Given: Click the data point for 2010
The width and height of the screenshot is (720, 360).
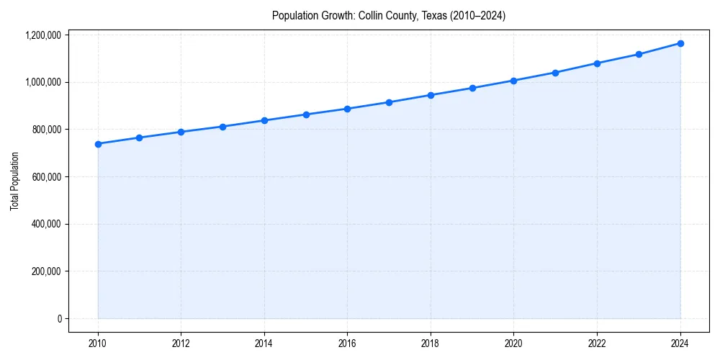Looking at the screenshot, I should click(98, 144).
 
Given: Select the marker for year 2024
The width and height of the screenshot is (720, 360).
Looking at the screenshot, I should click(680, 43).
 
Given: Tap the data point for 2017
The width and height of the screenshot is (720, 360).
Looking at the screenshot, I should click(389, 102).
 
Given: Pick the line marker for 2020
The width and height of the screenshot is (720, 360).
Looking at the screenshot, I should click(514, 81).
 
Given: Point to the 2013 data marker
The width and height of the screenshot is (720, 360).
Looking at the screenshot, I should click(222, 127).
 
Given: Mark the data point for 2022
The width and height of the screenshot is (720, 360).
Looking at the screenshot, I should click(597, 63).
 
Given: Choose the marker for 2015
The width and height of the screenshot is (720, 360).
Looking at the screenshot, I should click(306, 114).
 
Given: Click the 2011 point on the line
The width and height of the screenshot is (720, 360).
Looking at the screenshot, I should click(140, 138).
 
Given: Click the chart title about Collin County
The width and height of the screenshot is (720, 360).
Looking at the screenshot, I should click(389, 16).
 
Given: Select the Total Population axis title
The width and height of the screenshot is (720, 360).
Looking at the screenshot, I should click(14, 181).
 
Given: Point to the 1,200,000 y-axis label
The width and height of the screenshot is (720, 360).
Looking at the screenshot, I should click(43, 35).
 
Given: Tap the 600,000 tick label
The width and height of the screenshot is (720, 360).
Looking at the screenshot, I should click(48, 176).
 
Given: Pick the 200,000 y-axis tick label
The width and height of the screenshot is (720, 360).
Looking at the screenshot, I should click(48, 271).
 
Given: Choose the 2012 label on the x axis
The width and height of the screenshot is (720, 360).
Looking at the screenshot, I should click(181, 343).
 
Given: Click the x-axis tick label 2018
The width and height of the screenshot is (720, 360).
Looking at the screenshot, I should click(431, 343).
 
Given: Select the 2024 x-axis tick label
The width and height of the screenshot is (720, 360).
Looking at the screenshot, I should click(680, 343).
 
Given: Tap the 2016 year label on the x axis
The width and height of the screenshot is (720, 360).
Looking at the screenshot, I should click(347, 343).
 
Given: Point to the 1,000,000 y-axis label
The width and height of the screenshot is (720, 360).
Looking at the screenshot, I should click(43, 82).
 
